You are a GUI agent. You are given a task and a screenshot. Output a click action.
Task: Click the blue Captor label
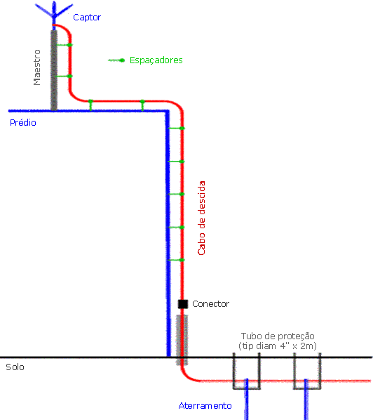coord(87,18)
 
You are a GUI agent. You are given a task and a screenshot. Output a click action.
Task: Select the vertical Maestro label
coord(37,67)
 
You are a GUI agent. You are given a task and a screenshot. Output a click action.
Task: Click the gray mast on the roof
coord(54,70)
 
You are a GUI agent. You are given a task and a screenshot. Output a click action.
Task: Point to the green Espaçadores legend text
coord(156,60)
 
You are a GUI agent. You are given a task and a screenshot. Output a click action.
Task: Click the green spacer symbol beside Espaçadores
coord(116,60)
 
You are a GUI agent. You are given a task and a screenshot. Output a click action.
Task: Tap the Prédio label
coord(23,123)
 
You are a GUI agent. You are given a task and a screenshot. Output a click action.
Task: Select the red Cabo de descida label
coord(202,218)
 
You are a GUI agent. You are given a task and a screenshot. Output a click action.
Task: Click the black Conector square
coord(183,304)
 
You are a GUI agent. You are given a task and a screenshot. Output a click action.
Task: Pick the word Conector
coord(211,304)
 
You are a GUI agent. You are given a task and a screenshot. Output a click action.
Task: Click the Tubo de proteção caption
coord(278,341)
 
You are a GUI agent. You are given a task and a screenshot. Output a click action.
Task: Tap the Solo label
coord(15,367)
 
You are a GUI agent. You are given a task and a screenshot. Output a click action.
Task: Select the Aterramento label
coord(205,406)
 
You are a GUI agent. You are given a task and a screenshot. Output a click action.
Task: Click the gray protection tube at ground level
coord(182,340)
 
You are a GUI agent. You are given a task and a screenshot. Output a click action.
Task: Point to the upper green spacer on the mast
coord(65,45)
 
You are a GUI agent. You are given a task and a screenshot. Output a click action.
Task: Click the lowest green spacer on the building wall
coord(176,260)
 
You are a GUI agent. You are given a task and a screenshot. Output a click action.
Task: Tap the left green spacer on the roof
coord(90,105)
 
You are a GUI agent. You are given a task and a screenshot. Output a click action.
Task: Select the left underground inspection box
coord(247,371)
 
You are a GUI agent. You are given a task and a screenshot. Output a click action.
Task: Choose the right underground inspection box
coord(307,371)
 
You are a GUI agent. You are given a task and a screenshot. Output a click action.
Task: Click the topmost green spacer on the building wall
coord(176,129)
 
